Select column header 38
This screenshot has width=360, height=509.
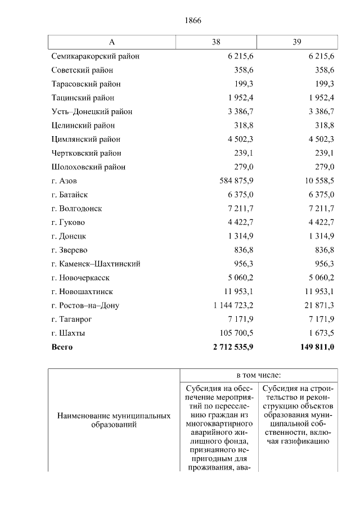click(217, 43)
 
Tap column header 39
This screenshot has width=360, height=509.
click(297, 43)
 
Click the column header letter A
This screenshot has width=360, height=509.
click(111, 43)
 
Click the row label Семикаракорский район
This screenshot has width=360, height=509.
click(95, 56)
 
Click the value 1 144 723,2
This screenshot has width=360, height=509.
click(232, 306)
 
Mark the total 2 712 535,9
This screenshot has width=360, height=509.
click(231, 348)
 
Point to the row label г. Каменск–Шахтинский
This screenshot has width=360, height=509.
click(96, 264)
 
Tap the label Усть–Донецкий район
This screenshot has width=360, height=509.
click(92, 112)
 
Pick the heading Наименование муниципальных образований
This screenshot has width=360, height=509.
click(114, 421)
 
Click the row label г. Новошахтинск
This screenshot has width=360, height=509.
click(82, 292)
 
